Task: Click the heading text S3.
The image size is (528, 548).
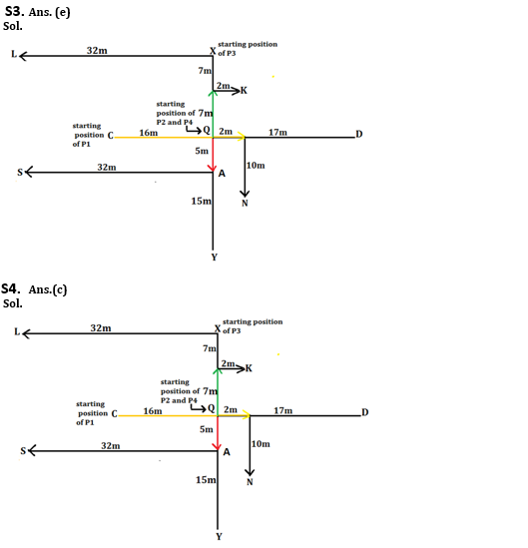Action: pos(14,12)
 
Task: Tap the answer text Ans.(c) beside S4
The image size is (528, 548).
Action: pos(48,289)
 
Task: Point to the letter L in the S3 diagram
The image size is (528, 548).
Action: pos(14,54)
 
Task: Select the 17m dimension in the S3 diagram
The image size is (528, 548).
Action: pos(277,133)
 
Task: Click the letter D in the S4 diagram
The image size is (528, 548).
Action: pos(365,412)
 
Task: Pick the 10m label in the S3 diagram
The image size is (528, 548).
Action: pos(256,166)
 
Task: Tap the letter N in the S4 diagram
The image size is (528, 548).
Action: pos(250,482)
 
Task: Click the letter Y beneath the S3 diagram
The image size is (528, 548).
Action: pos(215,258)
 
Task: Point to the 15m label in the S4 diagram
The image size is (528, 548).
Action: pos(206,480)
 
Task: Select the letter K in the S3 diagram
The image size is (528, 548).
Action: pos(244,91)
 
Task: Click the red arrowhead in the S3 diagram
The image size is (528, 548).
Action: pos(213,168)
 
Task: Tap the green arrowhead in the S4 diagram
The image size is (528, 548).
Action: pos(218,371)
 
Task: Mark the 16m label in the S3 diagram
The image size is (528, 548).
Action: pos(149,133)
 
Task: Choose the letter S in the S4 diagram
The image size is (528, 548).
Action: pos(23,451)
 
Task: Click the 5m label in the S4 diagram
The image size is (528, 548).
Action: pos(207,429)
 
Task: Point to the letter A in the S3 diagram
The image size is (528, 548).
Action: pos(222,174)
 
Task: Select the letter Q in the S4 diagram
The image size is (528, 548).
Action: pos(211,408)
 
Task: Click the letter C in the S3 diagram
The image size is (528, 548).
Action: pos(111,135)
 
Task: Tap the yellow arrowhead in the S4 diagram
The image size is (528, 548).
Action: pos(247,415)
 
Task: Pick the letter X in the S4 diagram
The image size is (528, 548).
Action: pos(218,328)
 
